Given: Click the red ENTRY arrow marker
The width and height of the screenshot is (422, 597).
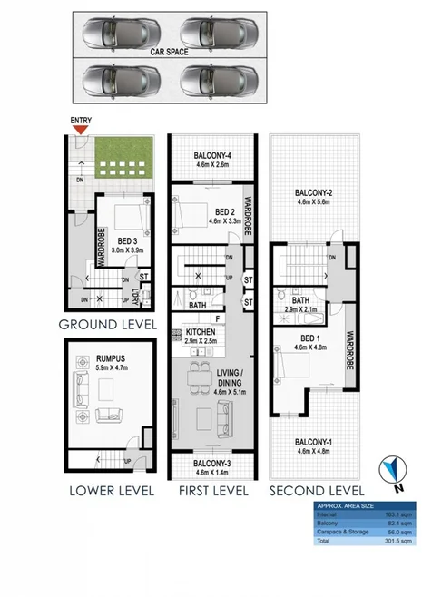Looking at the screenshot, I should pos(82,131).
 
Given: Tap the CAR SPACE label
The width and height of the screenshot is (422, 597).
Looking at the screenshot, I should pos(169,54).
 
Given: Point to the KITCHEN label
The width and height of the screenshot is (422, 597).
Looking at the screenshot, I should pos(201,334).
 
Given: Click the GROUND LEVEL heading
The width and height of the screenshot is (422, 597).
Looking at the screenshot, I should pos(107,323).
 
